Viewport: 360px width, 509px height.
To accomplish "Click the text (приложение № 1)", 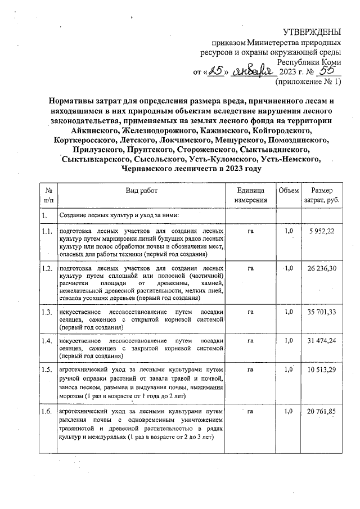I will pos(308,82).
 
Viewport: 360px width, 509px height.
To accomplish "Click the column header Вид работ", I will pos(142,191).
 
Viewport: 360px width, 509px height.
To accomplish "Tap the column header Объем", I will pos(288,191).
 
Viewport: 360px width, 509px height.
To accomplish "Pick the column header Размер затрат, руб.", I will pos(321,195).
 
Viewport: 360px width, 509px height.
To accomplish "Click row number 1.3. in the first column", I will pos(47,312).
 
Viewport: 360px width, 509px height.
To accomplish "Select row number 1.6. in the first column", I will pos(47,412).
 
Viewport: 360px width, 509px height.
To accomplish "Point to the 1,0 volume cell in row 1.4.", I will pos(289,341).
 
